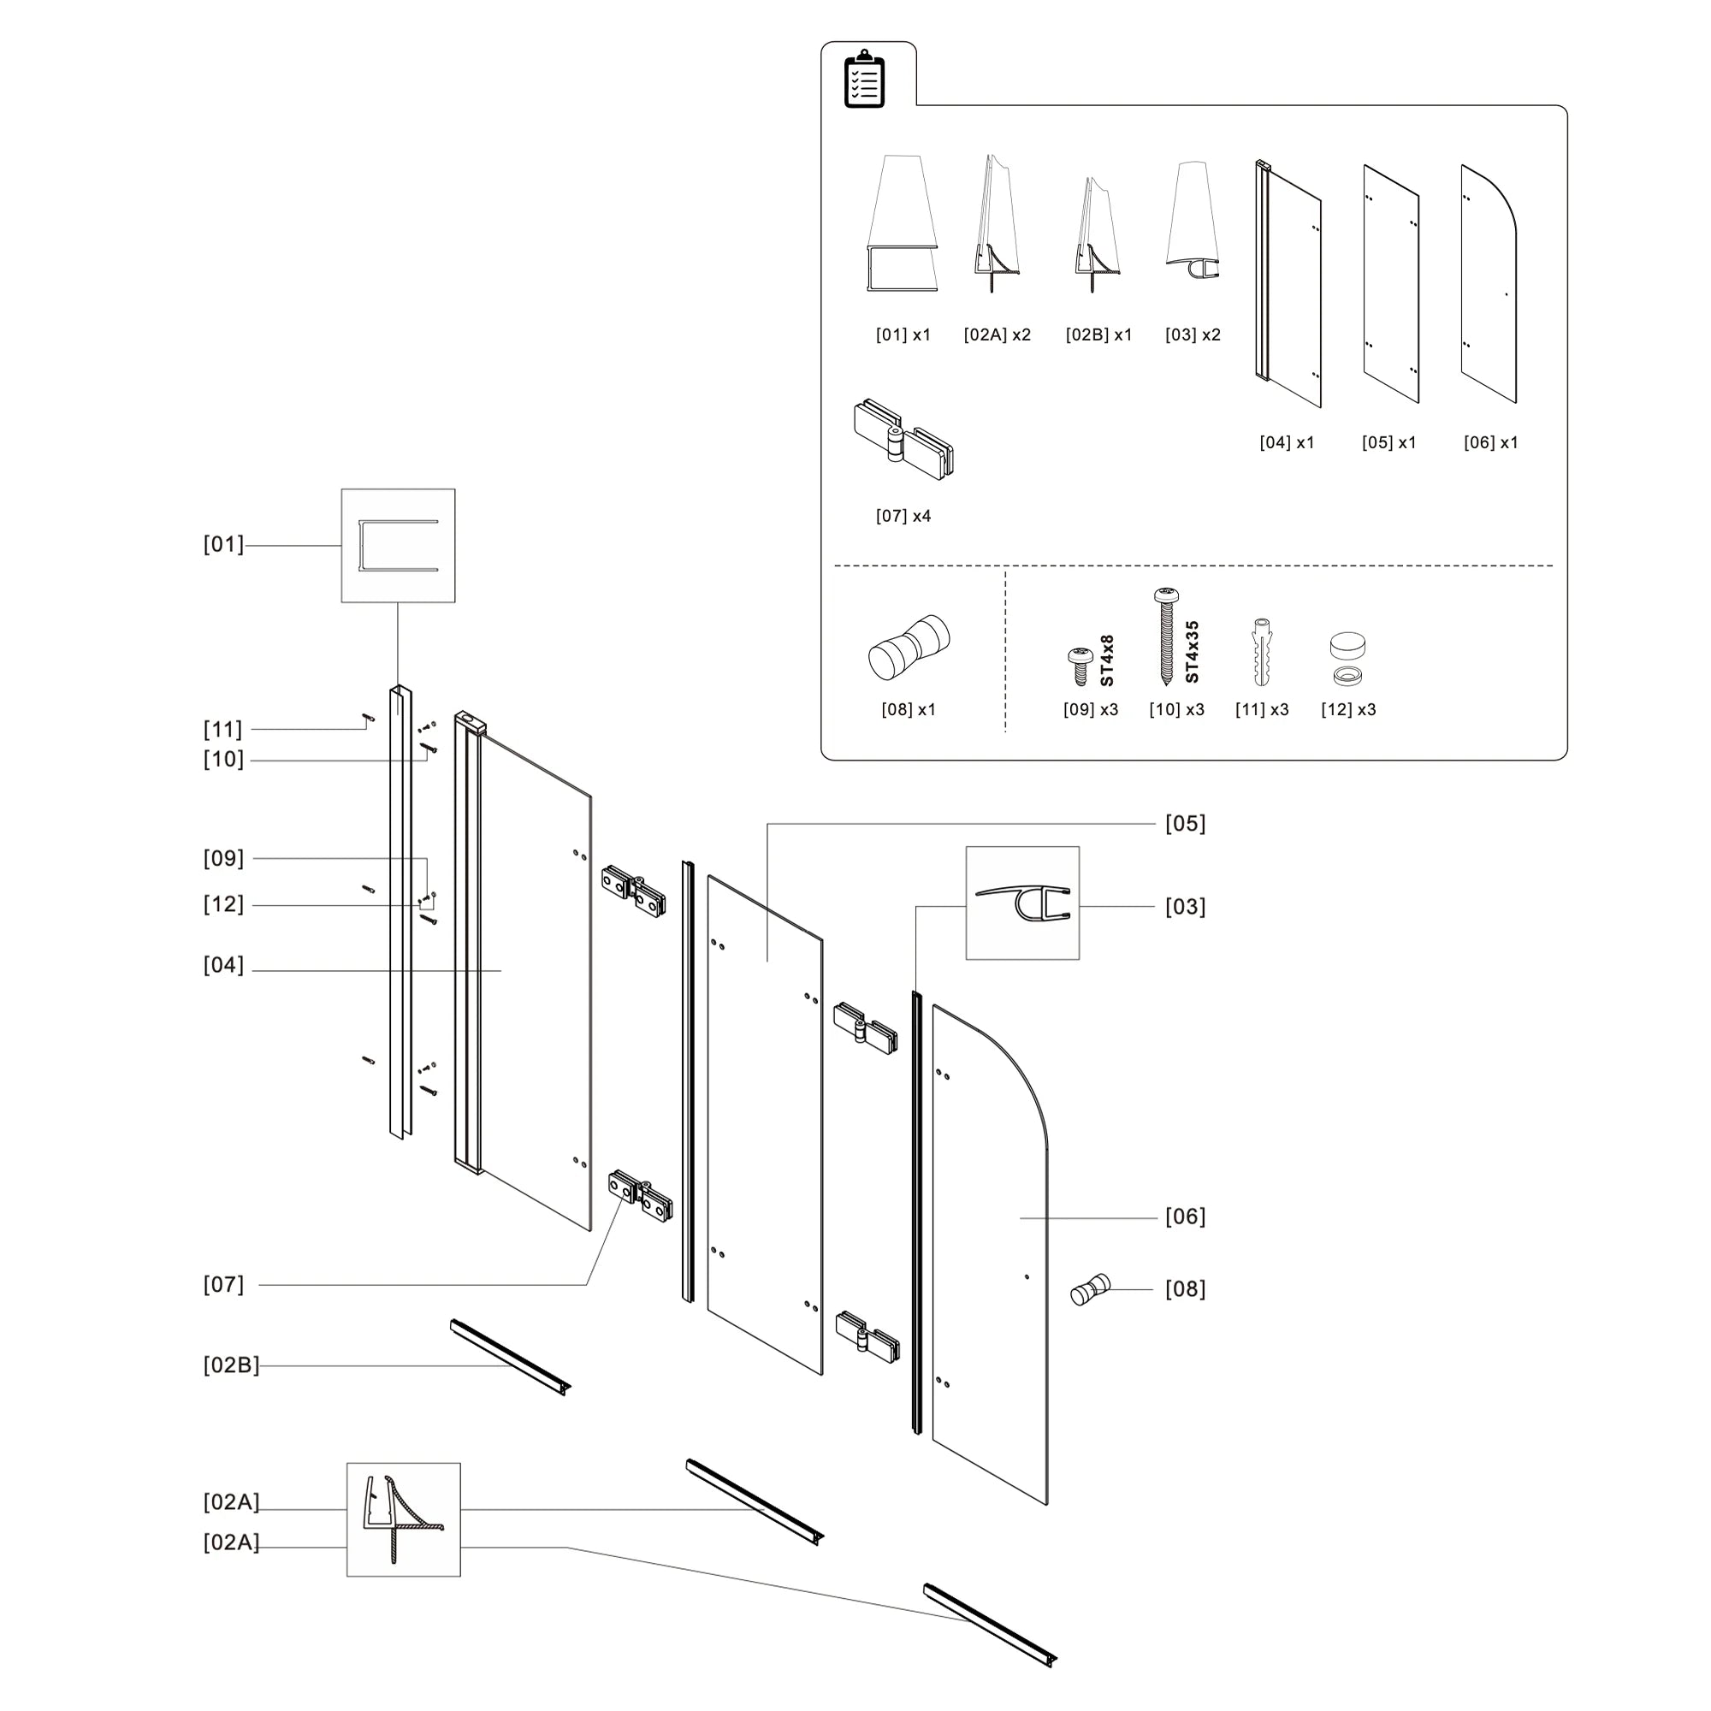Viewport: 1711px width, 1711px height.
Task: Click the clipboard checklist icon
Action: point(864,80)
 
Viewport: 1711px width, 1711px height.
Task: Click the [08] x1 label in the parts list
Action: point(908,709)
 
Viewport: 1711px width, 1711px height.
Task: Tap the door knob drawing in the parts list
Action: point(909,648)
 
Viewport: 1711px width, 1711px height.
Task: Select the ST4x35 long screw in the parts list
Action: point(1166,636)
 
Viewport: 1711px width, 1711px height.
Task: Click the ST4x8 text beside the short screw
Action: point(1107,660)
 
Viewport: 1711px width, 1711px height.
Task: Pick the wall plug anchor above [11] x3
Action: point(1262,653)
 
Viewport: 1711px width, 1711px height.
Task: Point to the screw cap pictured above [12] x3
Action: point(1347,658)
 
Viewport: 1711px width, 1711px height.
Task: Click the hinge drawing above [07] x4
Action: point(903,440)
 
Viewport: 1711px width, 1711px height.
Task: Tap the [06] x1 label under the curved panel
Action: point(1490,443)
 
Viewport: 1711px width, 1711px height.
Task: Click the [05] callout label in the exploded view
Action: point(1185,824)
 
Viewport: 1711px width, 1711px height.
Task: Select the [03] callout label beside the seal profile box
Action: point(1185,907)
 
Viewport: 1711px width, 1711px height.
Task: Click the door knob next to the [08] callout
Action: point(1089,1288)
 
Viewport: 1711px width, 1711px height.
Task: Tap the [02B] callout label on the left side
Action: point(231,1365)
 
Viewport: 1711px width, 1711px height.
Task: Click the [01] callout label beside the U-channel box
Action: point(223,545)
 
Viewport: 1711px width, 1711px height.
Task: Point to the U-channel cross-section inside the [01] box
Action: point(398,546)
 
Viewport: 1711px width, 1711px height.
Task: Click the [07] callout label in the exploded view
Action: point(223,1284)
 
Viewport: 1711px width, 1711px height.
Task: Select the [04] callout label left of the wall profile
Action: point(223,965)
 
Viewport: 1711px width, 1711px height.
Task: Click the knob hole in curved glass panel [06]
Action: point(1027,1276)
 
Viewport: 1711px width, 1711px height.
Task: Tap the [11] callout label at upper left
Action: point(223,729)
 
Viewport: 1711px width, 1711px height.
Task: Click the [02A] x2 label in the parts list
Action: point(998,335)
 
